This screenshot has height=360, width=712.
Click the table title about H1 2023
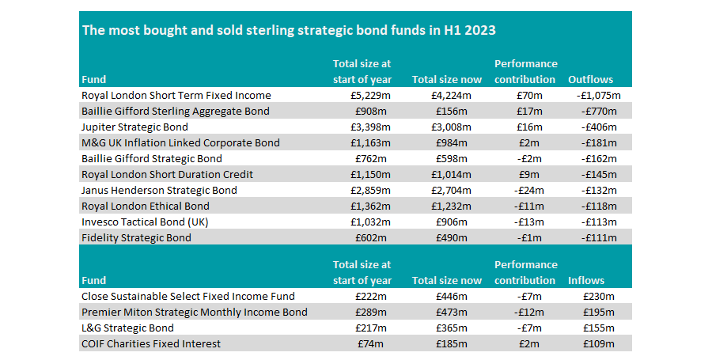point(289,31)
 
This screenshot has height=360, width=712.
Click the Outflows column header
point(590,80)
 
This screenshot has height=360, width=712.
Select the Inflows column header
point(586,280)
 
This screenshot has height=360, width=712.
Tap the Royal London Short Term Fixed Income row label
point(176,96)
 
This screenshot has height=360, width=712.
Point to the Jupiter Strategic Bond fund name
point(133,127)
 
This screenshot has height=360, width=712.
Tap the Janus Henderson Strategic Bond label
point(159,190)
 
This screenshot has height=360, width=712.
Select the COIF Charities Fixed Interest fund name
point(151,343)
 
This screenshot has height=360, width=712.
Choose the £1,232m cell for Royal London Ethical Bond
point(448,206)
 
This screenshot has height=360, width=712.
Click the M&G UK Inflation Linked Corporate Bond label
point(180,142)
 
